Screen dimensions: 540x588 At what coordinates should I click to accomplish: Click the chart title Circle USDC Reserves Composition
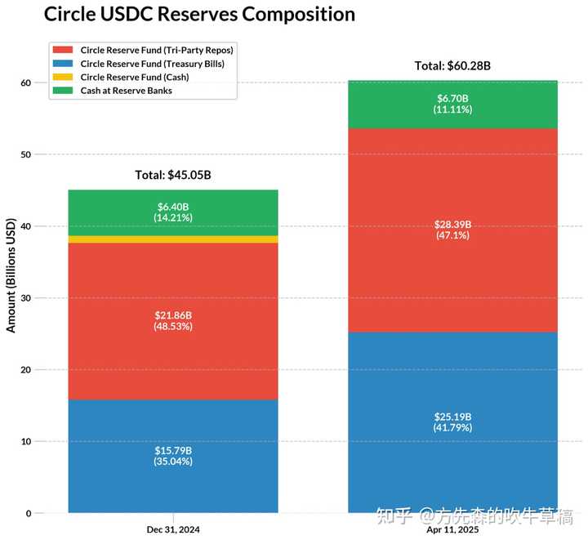point(199,15)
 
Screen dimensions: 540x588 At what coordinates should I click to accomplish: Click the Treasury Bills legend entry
point(152,64)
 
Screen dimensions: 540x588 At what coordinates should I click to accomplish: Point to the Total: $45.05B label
point(173,175)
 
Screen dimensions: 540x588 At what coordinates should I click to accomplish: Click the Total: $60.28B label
point(452,66)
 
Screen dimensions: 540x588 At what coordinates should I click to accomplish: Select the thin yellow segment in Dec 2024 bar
point(173,239)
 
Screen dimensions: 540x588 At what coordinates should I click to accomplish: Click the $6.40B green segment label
point(173,207)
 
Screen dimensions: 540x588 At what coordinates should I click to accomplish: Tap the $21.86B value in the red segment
point(173,315)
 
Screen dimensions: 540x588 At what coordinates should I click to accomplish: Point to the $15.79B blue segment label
point(173,450)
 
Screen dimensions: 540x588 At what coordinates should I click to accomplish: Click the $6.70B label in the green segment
point(452,99)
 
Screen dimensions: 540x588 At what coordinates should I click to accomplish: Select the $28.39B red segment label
point(452,225)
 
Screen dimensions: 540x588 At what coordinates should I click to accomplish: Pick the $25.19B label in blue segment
point(452,417)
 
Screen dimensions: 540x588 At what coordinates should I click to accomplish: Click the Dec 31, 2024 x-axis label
point(173,529)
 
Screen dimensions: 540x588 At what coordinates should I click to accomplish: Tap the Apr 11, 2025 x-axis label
point(452,529)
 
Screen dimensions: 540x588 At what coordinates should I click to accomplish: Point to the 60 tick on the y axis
point(26,83)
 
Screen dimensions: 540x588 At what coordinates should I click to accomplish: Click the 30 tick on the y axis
point(26,298)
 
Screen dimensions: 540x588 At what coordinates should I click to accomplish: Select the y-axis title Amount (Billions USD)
point(11,274)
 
